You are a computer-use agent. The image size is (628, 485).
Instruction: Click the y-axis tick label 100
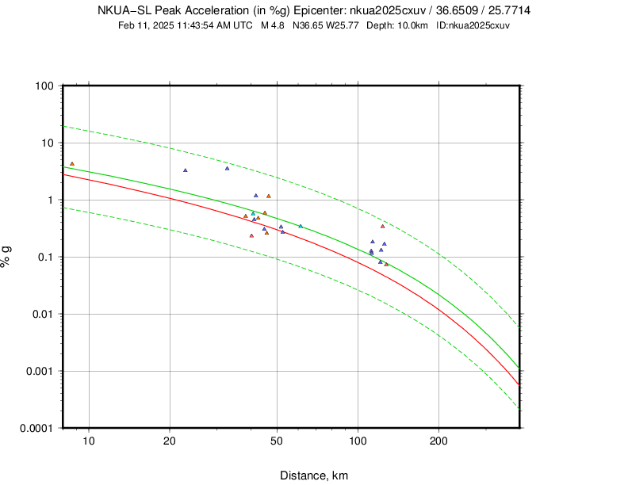(x=44, y=86)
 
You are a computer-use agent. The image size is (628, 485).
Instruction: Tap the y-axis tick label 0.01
(x=40, y=314)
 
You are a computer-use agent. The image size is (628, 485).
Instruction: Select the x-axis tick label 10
(x=89, y=441)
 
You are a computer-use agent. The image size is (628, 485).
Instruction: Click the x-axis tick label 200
(x=438, y=441)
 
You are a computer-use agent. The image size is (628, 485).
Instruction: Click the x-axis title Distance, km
(x=314, y=475)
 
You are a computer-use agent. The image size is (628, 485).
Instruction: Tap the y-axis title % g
(x=7, y=257)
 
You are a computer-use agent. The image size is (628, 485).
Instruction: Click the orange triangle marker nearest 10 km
(x=72, y=164)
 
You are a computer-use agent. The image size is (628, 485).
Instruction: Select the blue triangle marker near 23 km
(x=186, y=170)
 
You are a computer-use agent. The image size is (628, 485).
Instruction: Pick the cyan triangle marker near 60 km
(x=301, y=226)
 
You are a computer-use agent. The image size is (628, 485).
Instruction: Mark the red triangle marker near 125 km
(x=383, y=226)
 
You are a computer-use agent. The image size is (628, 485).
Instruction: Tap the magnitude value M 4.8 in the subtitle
(x=273, y=25)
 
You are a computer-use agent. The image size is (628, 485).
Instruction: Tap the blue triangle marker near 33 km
(x=228, y=168)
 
